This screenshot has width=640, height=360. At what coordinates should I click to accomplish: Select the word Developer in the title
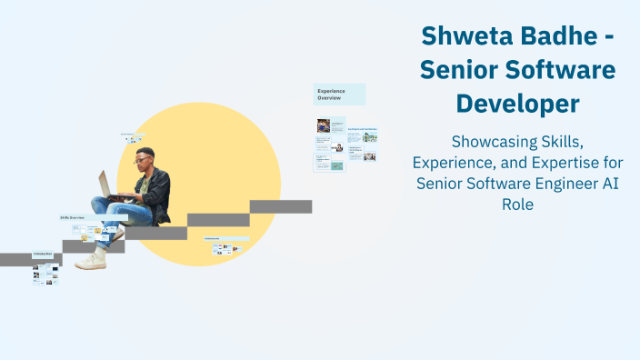pyautogui.click(x=517, y=104)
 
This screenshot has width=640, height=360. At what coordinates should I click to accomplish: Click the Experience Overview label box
pyautogui.click(x=339, y=95)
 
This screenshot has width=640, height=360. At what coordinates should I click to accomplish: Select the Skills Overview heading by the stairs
pyautogui.click(x=73, y=218)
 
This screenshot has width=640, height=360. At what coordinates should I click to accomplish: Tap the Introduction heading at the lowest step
pyautogui.click(x=44, y=254)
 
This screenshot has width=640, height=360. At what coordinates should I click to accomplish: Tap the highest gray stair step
pyautogui.click(x=281, y=206)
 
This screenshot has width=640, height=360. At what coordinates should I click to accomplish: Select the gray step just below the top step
pyautogui.click(x=218, y=220)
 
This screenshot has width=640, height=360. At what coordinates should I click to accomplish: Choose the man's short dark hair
pyautogui.click(x=145, y=152)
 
